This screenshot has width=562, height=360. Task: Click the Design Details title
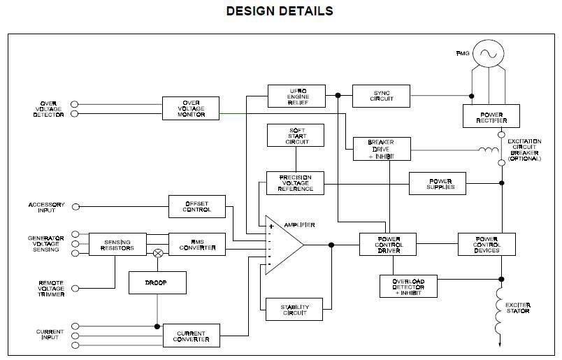pos(280,11)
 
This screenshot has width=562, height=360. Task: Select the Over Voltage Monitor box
pos(191,108)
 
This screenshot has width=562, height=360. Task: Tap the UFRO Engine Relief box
pos(296,96)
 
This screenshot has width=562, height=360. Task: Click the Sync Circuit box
pos(381,96)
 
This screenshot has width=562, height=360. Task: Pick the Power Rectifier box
pos(491,115)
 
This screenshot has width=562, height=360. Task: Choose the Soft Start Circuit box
pos(296,136)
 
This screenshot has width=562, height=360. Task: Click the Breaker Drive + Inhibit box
pos(381,149)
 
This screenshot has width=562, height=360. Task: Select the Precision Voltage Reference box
pos(296,182)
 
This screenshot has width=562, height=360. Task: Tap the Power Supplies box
pos(441,183)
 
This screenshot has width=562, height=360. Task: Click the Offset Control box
pos(197,206)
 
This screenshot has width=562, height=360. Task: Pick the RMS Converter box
pos(197,244)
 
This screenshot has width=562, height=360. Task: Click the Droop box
pos(157,282)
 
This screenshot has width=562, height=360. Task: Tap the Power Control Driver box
pos(388,244)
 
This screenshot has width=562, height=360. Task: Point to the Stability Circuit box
pos(295,310)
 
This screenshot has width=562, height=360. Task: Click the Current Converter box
pos(191,335)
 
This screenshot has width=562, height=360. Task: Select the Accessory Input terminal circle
pos(75,206)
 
